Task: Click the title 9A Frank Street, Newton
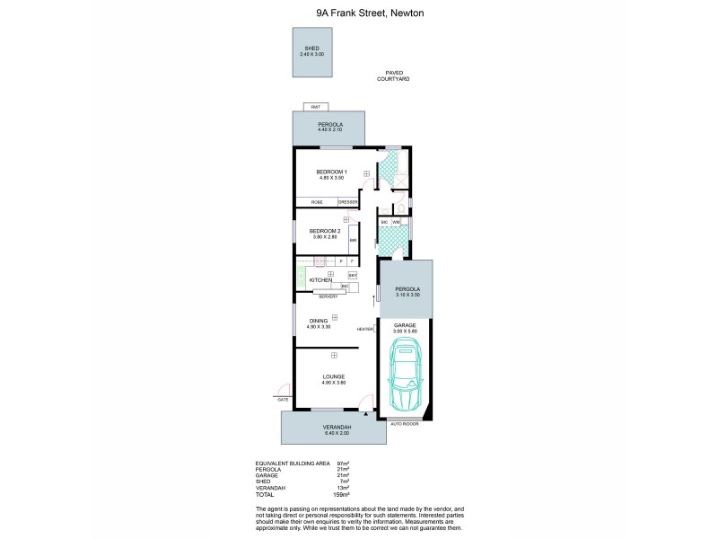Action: coord(358,13)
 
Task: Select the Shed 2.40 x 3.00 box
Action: coord(311,52)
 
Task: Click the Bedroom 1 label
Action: coord(331,173)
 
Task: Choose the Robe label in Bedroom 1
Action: coord(316,203)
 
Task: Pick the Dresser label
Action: coord(347,203)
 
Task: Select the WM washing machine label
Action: coord(396,221)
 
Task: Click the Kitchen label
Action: coord(320,280)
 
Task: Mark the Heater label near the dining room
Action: coord(364,329)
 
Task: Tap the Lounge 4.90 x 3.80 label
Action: coord(333,379)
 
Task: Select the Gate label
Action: coord(284,399)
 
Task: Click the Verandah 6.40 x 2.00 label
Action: coord(332,429)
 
